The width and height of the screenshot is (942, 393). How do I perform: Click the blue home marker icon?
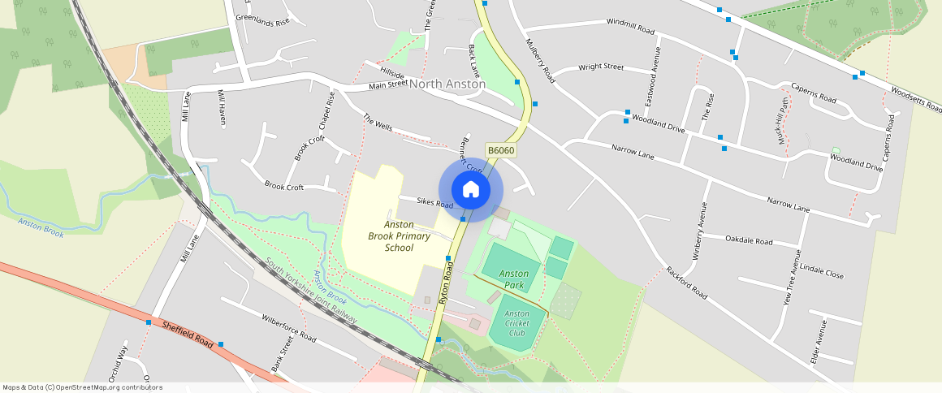(x=470, y=190)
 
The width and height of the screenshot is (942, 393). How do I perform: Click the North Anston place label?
(x=447, y=84)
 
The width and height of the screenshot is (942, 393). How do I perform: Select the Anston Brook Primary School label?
(x=391, y=235)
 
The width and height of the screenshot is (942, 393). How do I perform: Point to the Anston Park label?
(x=513, y=279)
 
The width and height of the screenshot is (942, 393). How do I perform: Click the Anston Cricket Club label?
(x=516, y=323)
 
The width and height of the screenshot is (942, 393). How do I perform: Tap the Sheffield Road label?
(x=188, y=334)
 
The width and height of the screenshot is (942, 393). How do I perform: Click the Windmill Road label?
(x=630, y=26)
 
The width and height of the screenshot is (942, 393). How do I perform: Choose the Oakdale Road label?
(x=749, y=240)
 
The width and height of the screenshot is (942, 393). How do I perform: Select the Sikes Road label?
(x=434, y=202)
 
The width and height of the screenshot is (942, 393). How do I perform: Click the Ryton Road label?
(x=444, y=287)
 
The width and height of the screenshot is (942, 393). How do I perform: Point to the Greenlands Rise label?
(x=262, y=20)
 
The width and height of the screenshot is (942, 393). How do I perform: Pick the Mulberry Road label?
(x=539, y=61)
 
